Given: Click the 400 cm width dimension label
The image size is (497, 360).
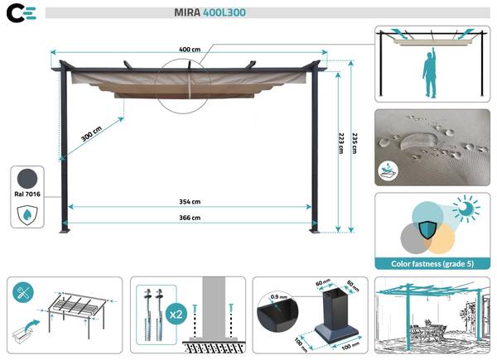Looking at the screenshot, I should tap(191, 50).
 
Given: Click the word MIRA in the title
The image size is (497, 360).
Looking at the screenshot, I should tap(187, 13).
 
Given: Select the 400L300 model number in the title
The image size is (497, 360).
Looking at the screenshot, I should tap(224, 13).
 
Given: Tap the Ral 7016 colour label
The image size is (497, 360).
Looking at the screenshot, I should tap(28, 195).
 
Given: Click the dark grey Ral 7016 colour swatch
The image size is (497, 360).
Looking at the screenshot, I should tap(28, 177).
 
